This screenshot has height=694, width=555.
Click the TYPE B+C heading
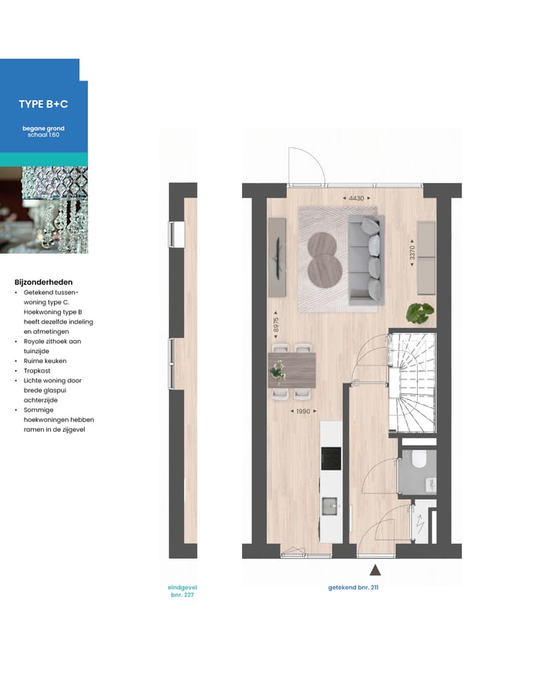43,104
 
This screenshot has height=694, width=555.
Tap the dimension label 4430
355,199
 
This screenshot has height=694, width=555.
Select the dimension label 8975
276,325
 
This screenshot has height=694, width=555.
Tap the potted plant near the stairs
420,312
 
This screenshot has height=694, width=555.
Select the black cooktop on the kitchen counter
331,457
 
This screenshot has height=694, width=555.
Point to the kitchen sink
330,506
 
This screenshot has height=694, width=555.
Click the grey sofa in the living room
365,259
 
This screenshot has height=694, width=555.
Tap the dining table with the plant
292,370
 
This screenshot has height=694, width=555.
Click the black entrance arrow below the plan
375,571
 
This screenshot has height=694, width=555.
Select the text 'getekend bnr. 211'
353,588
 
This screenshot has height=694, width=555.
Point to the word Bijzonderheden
43,282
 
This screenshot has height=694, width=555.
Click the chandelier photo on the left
43,210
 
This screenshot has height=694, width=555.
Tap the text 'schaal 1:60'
43,134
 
